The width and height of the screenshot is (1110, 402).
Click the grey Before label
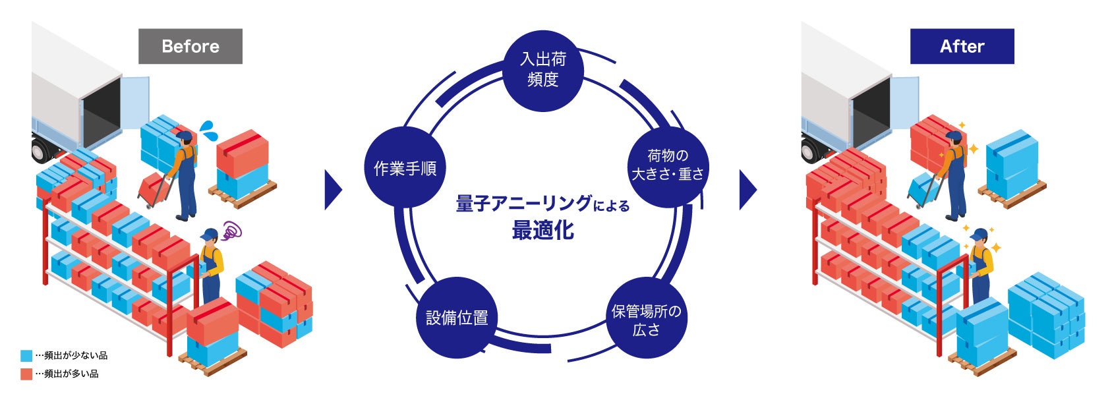point(190,46)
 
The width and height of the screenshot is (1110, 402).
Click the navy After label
point(962,46)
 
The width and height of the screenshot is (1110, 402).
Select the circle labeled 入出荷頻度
point(543,69)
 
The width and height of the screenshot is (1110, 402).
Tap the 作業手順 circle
point(405,169)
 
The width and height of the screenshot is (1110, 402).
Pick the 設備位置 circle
point(457,318)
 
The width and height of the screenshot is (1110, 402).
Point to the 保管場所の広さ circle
point(646,320)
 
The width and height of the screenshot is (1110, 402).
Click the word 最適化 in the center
point(542,231)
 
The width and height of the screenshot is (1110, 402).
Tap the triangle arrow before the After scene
point(747,190)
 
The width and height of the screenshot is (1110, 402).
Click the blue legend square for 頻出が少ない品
point(26,356)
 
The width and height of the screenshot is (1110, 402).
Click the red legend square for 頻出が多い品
point(26,374)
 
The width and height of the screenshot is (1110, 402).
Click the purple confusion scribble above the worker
point(231,230)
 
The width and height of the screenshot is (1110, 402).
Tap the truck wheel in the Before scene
point(40,151)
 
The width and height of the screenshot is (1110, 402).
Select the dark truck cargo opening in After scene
point(871,119)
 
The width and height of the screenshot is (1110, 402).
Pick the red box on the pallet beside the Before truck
point(242,153)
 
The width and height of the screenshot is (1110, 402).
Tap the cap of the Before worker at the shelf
point(209,234)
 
